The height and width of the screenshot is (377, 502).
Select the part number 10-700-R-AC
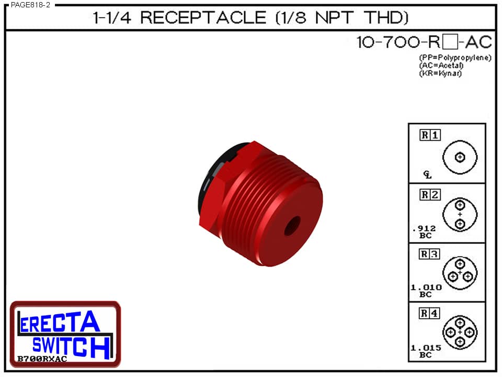[424, 42]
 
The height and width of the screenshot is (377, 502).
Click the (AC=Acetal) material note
[441, 65]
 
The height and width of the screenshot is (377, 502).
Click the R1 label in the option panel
[430, 135]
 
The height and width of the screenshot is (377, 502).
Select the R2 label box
[430, 195]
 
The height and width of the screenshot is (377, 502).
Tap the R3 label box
[430, 254]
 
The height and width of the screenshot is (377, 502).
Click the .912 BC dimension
[424, 231]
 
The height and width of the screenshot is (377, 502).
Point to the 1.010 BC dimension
[426, 291]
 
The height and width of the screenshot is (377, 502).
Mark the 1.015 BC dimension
[426, 351]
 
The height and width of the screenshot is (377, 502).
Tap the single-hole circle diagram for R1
[460, 157]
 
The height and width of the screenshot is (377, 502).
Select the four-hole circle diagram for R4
[460, 332]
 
